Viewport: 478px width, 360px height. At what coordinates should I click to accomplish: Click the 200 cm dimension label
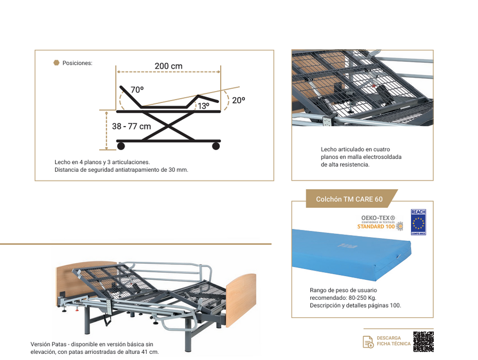[168, 66]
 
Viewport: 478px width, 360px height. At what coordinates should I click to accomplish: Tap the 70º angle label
[137, 90]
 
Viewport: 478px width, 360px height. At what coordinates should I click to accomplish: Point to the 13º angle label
[204, 106]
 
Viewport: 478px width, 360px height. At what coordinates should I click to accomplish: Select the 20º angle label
[238, 100]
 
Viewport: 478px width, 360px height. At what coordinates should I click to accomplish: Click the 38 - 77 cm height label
[131, 127]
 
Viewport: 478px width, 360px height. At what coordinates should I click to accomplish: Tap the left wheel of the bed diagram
[121, 146]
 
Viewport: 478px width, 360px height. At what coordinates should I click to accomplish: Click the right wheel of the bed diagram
[216, 146]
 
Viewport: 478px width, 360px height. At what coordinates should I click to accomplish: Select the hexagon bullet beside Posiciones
[56, 63]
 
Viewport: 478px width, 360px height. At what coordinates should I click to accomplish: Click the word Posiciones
[77, 63]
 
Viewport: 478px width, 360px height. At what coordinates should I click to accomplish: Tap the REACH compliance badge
[418, 222]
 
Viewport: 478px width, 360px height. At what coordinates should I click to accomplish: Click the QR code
[423, 341]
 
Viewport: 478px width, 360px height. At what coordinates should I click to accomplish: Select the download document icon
[368, 341]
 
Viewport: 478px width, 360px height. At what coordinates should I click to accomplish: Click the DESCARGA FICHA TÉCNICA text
[394, 341]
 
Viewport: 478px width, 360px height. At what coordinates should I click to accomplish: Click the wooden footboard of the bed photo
[241, 293]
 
